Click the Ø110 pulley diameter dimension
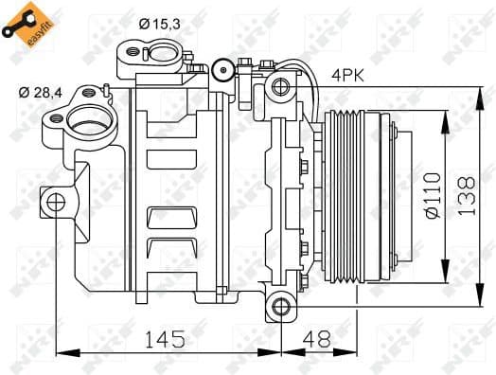[431, 195]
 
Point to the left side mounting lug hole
[55, 201]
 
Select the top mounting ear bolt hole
[281, 88]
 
